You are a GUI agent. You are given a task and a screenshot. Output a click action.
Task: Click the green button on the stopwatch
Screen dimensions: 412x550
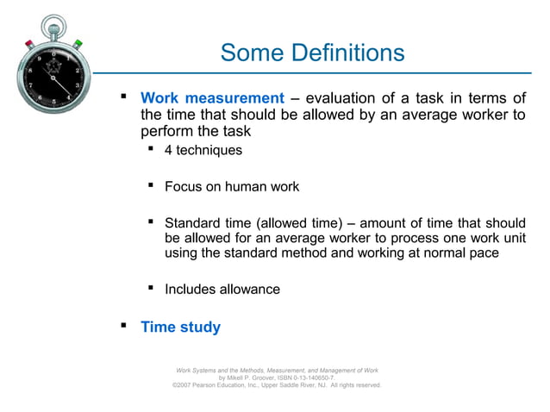click(78, 42)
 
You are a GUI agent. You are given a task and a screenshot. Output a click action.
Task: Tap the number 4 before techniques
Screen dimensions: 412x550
click(169, 150)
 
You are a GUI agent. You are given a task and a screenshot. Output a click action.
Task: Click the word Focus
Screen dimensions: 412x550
click(184, 185)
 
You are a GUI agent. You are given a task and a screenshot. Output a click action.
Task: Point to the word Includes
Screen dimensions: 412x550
click(191, 289)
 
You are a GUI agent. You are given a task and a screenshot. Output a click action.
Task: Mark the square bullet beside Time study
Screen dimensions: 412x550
click(122, 326)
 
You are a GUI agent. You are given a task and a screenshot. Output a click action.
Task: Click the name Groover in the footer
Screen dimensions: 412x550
click(278, 378)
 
